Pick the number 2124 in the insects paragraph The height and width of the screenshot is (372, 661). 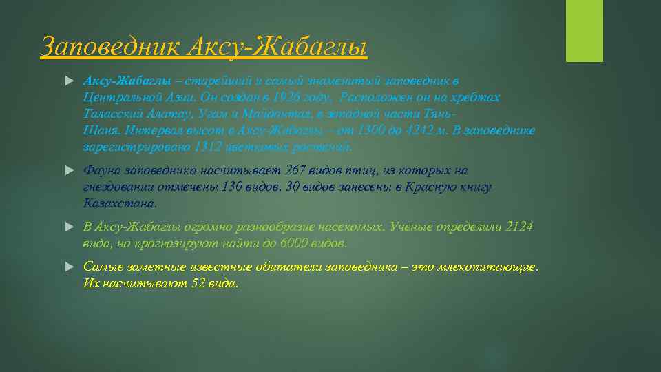click(x=519, y=227)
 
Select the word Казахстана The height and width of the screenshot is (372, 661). click(x=119, y=203)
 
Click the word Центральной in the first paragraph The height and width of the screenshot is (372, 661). click(x=118, y=98)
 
